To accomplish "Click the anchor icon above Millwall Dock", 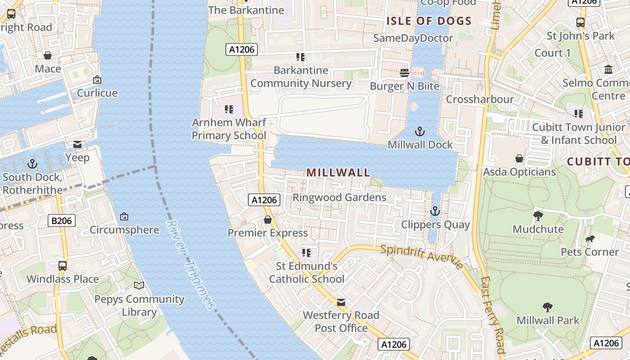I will [x=419, y=131].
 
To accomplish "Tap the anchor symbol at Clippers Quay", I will [x=435, y=211].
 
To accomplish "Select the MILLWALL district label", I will [x=338, y=172].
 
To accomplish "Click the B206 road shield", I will [x=62, y=220].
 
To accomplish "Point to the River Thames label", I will [x=191, y=265].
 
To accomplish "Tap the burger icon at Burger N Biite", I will [x=404, y=73].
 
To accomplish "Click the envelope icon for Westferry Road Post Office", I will [x=341, y=302].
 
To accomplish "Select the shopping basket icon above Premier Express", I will [x=268, y=220].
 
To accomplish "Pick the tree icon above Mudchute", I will [x=538, y=216].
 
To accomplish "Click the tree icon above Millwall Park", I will [x=547, y=307].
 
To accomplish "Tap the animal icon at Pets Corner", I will [x=589, y=238].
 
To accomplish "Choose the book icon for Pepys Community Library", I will [x=139, y=286].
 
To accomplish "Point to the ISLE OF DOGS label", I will [x=429, y=21].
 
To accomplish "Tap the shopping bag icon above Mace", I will [x=48, y=55].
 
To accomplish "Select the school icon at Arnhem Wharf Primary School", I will [x=229, y=109].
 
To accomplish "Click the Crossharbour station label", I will [x=479, y=99].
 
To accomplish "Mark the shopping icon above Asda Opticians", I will [x=519, y=158].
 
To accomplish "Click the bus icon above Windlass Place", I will [x=63, y=265].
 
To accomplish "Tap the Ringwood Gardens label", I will [x=339, y=197].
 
